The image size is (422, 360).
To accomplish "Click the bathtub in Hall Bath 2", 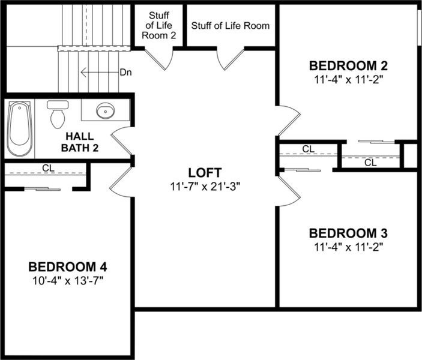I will pos(19,128).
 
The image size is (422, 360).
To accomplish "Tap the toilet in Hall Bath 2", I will pos(58,114).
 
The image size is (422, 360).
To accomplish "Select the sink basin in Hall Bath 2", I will pos(106,111).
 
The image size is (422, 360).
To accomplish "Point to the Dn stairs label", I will pos(125,73).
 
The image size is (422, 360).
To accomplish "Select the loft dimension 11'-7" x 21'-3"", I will pos(205,186).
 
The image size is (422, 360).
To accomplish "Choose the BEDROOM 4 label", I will pos(68,266).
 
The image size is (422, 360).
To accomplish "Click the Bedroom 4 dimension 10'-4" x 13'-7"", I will pos(68,280).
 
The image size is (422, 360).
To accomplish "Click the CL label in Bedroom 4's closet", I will pos(48,168).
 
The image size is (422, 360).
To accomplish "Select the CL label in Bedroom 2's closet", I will pos(370,162).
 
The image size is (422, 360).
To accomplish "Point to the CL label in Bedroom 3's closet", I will pos(309,149).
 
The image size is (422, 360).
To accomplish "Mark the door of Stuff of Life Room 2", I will pos(160,58).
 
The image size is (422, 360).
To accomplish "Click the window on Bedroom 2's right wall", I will pos(419,27).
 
